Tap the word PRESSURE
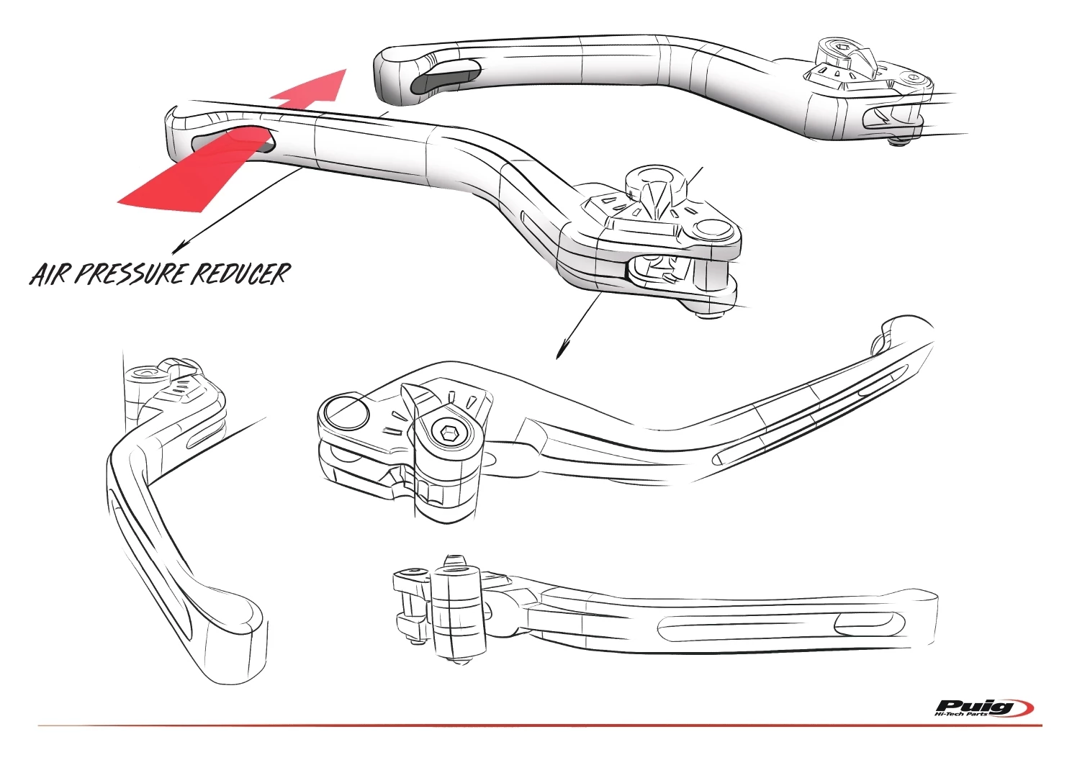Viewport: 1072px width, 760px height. coord(130,274)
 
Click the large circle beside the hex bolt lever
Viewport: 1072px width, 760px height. coord(346,415)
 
